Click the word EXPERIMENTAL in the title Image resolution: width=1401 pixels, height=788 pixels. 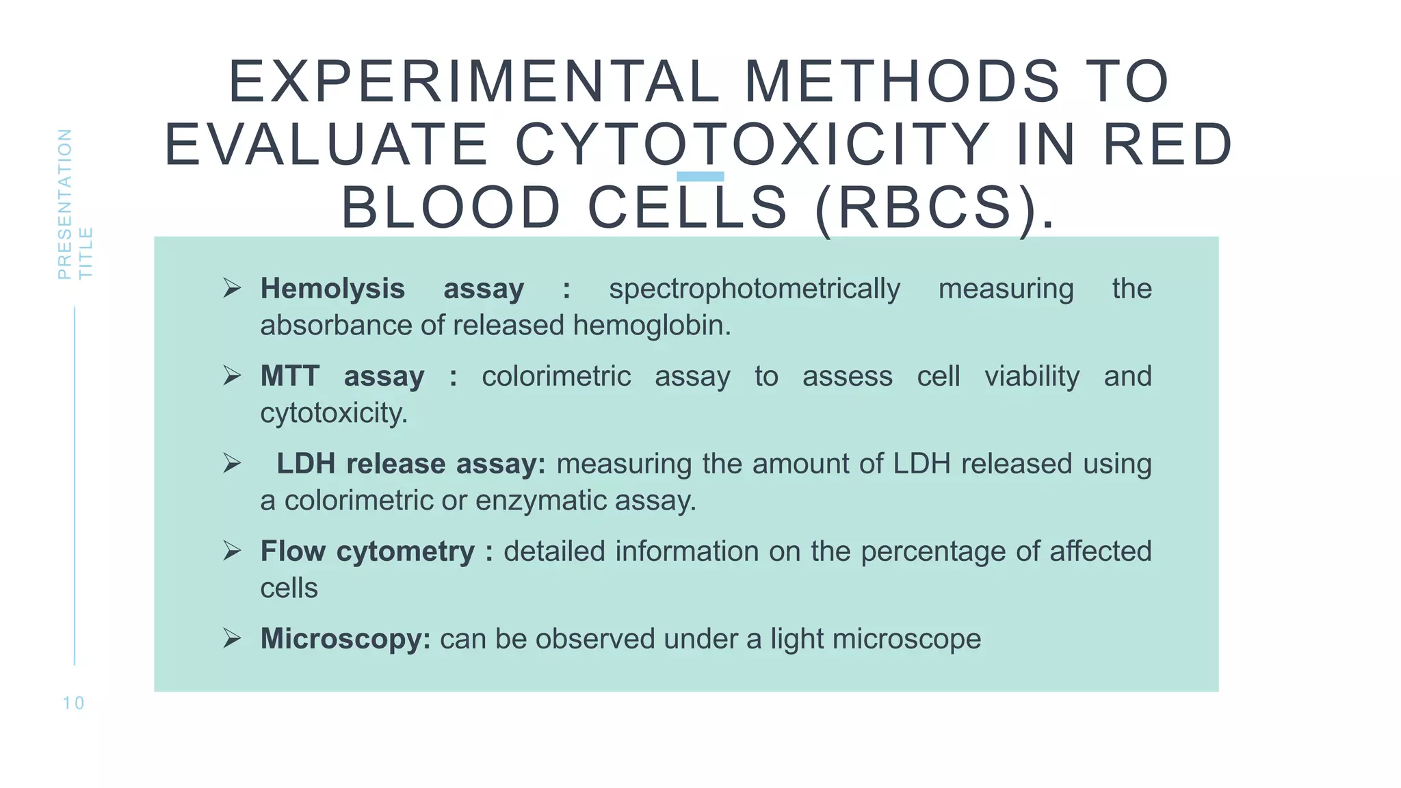click(473, 82)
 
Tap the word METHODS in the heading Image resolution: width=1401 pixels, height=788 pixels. click(902, 82)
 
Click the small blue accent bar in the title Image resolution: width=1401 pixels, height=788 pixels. click(700, 176)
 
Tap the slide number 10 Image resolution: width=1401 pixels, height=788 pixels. click(73, 703)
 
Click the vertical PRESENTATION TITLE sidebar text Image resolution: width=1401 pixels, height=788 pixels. click(75, 204)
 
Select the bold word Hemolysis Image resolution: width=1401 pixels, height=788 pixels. click(332, 289)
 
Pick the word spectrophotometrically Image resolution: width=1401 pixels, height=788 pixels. click(754, 289)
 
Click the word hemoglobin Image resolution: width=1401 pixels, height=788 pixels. click(651, 326)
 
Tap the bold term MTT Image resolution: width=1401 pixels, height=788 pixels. click(289, 376)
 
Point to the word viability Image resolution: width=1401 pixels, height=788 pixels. click(1032, 376)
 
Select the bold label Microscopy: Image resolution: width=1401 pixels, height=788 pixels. click(345, 639)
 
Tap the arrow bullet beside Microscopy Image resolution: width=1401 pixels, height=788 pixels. click(232, 639)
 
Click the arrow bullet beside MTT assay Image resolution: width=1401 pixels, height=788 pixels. click(232, 376)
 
